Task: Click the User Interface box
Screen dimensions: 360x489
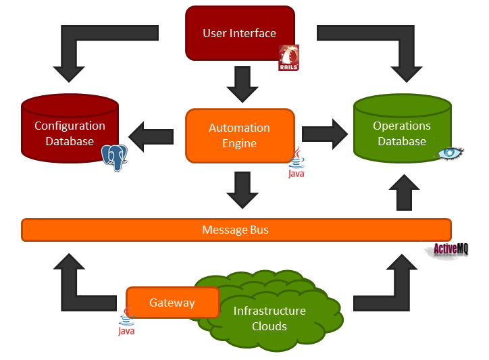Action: [x=239, y=32]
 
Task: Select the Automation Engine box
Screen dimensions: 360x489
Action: [x=239, y=135]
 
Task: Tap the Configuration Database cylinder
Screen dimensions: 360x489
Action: [x=70, y=132]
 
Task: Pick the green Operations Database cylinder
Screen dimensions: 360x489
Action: [x=402, y=132]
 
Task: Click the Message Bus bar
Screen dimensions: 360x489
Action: [x=236, y=230]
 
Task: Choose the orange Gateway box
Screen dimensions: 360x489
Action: [x=172, y=303]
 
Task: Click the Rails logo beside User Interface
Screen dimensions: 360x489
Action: [x=289, y=58]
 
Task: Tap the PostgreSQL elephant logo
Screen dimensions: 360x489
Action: [x=114, y=157]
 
